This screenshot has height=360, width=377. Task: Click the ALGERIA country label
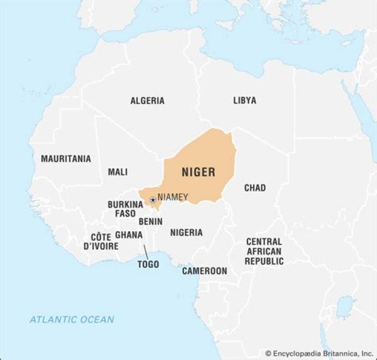coord(147,100)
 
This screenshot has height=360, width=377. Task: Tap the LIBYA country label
coord(245,100)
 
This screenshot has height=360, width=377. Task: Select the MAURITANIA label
coord(66,159)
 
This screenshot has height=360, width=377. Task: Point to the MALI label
coord(118,172)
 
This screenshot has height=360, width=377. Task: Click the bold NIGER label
coord(198,172)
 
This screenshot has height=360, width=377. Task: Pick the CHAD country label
coord(254,187)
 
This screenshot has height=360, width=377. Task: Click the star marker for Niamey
coord(152,199)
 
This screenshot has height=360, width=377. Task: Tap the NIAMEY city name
coord(172,197)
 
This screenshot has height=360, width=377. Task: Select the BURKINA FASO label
coord(126,209)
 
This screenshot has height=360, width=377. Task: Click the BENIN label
coord(150,221)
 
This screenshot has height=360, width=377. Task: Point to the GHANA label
coord(128,234)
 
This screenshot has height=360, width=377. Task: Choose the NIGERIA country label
coord(186,232)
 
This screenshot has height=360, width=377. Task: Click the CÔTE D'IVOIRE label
coord(101,241)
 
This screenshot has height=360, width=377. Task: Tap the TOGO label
coord(148,264)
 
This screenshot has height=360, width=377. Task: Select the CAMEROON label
coord(204,271)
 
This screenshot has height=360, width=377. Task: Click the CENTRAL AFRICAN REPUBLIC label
coord(264,251)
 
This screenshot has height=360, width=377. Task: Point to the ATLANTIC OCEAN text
coord(72,319)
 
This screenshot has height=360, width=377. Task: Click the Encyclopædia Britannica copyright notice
coord(319,354)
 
